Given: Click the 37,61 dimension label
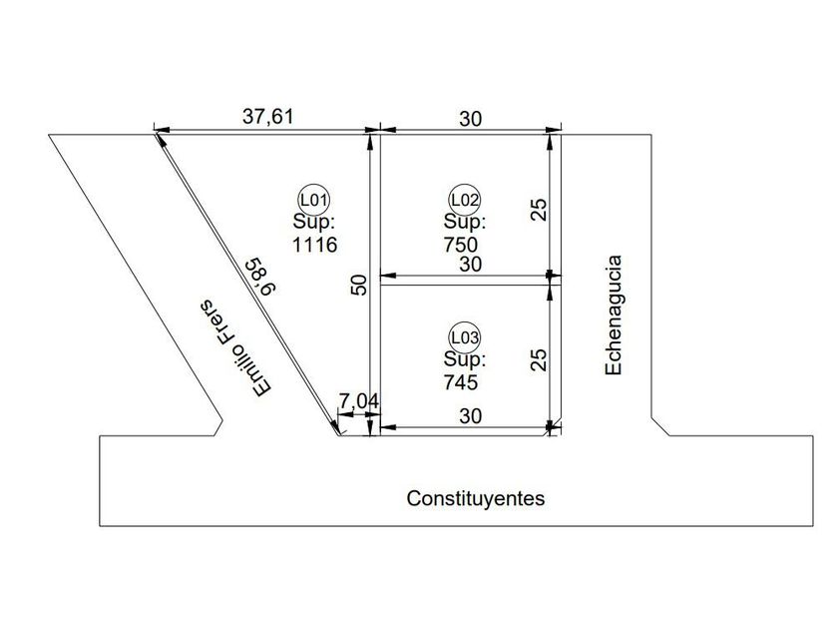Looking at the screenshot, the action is point(268,116).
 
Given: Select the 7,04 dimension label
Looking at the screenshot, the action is point(358,401).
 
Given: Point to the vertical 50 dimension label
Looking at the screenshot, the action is point(360,284).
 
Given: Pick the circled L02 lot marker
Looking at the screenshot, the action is point(466,198).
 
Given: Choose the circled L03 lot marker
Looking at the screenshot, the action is point(466,336).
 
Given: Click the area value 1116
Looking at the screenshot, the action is point(315,244).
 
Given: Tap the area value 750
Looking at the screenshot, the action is point(461,244).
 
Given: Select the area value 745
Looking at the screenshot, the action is point(461,381).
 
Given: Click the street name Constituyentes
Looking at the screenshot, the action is point(476,498).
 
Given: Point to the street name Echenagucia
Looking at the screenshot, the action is point(615,315).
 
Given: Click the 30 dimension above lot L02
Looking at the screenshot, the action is point(470,119).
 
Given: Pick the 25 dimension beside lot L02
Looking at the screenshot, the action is point(538,209).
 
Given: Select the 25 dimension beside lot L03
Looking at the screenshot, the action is point(538,359).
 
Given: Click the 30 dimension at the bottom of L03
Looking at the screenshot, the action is point(470,416).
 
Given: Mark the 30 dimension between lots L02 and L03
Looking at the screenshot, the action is point(470,264).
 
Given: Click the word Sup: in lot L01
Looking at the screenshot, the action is point(314,221).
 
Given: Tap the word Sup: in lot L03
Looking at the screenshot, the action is point(465,359).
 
